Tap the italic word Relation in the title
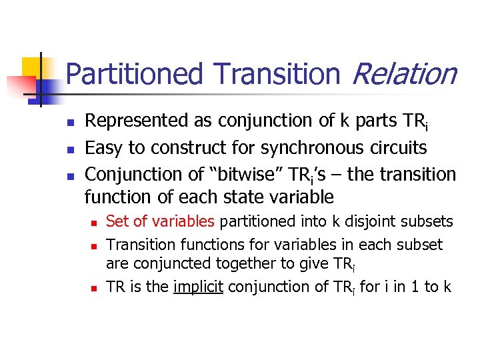coord(403,74)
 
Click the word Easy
coord(103,147)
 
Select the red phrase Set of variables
coord(160,221)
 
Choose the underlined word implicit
coord(199,287)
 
